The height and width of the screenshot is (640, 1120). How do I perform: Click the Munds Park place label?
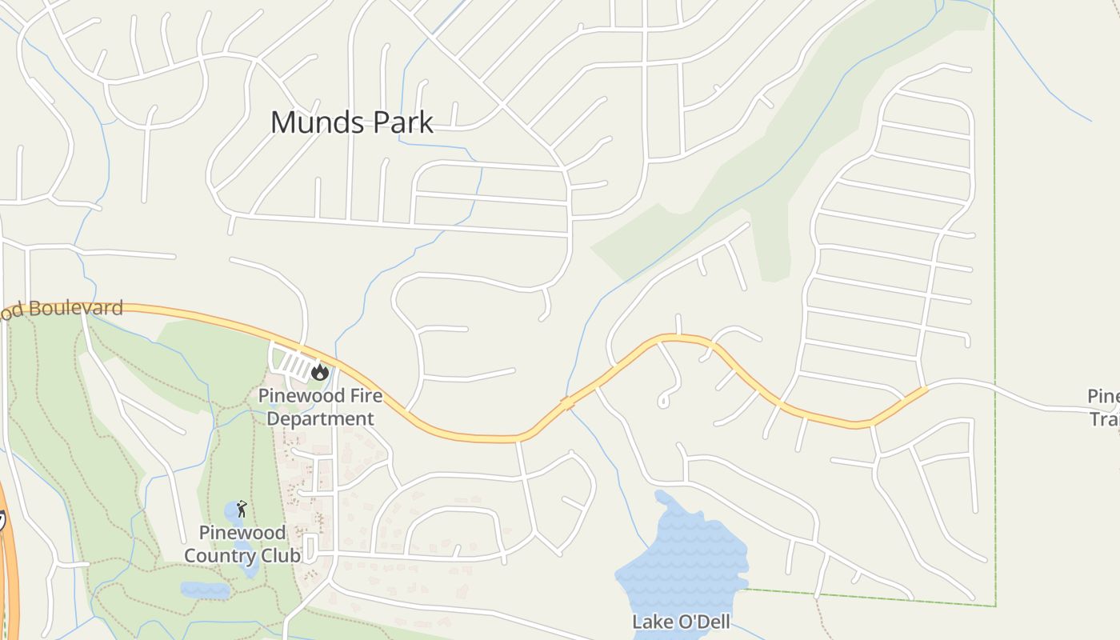pos(352,122)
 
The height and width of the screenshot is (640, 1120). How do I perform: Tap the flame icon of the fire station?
pos(320,371)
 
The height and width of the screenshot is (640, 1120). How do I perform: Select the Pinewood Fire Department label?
pos(320,407)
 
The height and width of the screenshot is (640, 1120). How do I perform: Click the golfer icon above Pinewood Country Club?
pos(242,508)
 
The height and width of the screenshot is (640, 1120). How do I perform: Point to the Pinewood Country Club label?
pos(242,544)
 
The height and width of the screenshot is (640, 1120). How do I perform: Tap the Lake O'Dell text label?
pos(681,622)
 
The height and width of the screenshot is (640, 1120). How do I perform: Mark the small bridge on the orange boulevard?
pos(567,402)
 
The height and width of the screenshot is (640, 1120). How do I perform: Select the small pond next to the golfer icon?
pos(232,510)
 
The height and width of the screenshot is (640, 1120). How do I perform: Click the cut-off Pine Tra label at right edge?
pos(1105,407)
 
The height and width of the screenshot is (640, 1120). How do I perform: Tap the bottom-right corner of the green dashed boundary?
pos(995,605)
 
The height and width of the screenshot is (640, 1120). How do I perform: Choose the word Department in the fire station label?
pos(320,418)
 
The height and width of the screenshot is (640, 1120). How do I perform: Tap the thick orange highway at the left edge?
pos(8,576)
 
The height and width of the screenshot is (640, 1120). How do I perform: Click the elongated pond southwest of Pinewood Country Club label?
pos(205,590)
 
